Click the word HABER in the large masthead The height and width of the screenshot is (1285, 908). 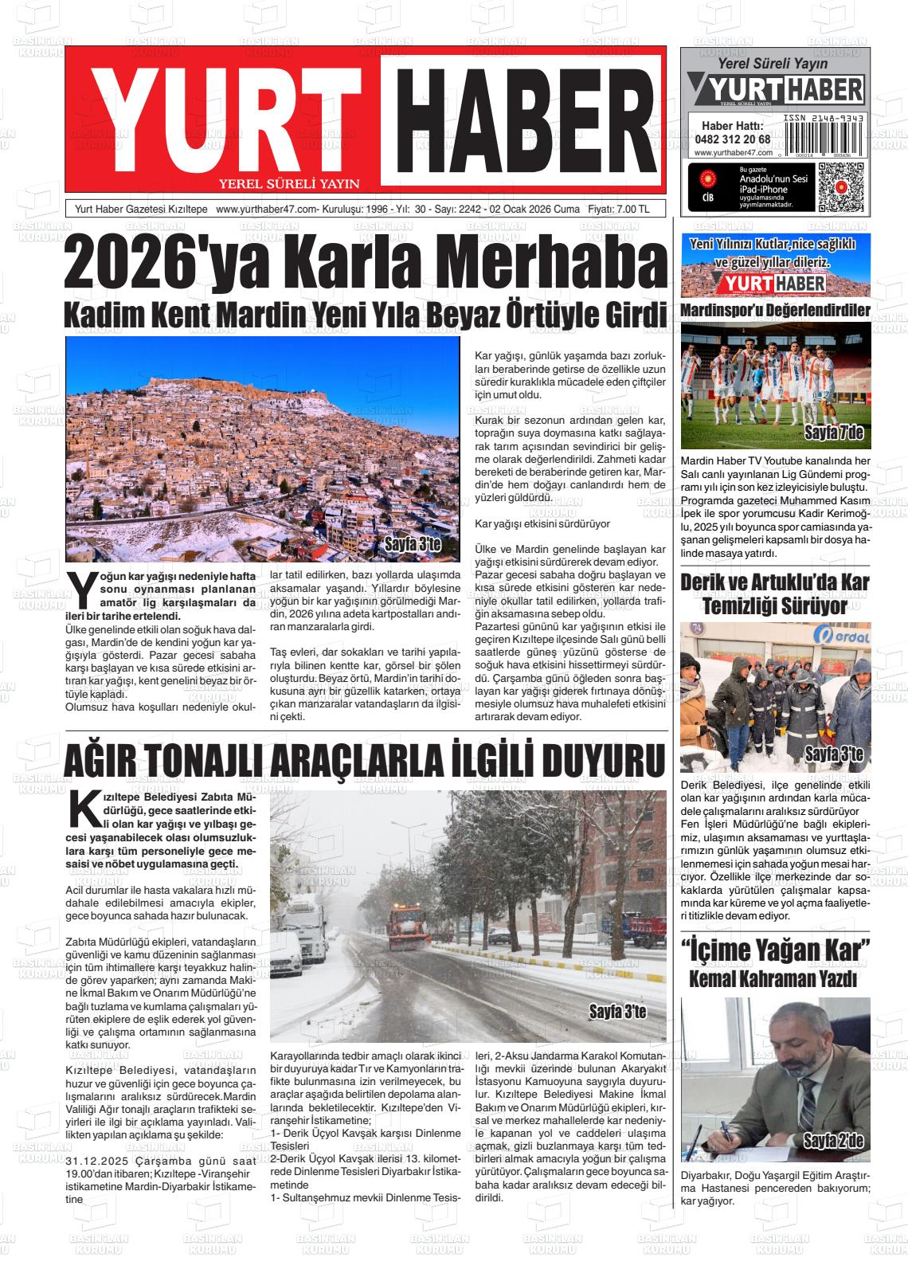click(x=522, y=119)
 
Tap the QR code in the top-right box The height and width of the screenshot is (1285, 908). click(x=841, y=186)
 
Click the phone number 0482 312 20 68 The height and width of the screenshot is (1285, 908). click(x=732, y=139)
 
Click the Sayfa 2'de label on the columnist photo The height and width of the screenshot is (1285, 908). click(x=833, y=1142)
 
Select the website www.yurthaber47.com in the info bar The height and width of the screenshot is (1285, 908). click(x=268, y=210)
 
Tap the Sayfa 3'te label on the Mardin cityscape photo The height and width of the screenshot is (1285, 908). click(x=412, y=545)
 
